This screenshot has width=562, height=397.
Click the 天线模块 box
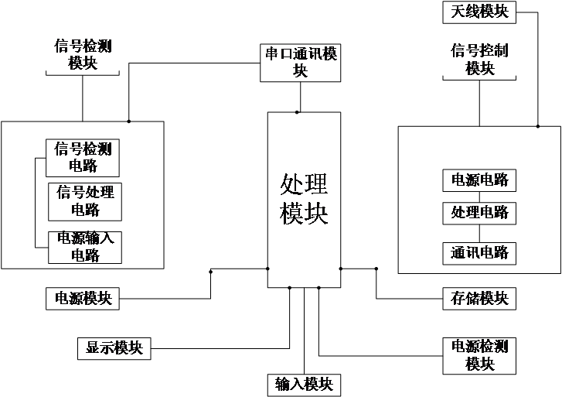(479, 12)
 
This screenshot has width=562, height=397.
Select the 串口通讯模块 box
(300, 62)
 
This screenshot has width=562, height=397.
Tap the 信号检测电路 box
(83, 157)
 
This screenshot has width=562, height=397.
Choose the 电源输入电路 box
(85, 247)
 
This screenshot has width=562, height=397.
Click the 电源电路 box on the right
(479, 180)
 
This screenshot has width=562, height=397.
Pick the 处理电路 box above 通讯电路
(479, 212)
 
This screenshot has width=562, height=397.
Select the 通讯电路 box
(479, 253)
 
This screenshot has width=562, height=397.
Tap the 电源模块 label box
(83, 298)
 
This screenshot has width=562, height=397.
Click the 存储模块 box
(479, 298)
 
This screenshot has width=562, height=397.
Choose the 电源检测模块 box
(479, 354)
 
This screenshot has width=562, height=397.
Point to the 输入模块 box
(304, 384)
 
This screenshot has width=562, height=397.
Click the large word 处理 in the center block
(304, 186)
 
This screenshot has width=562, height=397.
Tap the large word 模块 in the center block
(304, 213)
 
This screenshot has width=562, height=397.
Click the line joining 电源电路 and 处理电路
(479, 197)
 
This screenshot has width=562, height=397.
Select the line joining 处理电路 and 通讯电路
(479, 233)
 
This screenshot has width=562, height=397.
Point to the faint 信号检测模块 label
(83, 53)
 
